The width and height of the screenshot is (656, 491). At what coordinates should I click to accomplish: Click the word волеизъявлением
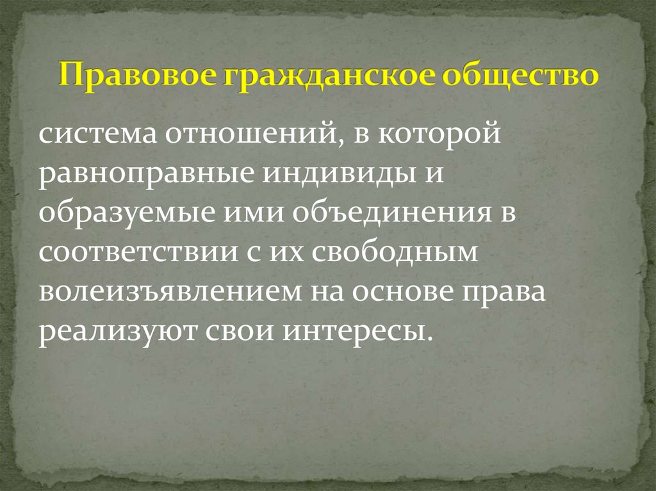click(170, 293)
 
